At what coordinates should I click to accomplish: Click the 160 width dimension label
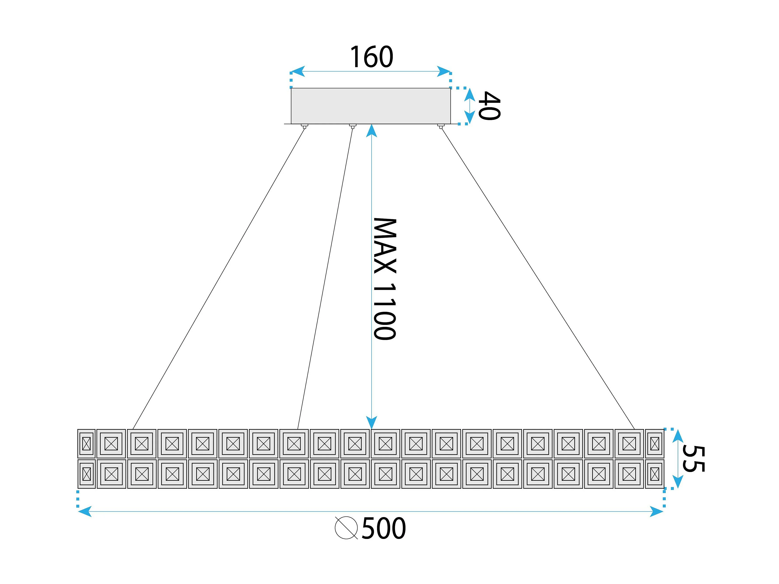click(x=371, y=57)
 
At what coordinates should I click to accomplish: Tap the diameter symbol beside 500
click(x=346, y=528)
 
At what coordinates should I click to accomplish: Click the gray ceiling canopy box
click(x=371, y=106)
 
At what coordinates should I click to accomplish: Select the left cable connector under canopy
click(x=305, y=126)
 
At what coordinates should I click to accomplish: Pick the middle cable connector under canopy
click(x=352, y=126)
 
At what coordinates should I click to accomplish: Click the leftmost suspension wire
click(x=218, y=278)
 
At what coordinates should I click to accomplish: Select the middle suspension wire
click(x=325, y=278)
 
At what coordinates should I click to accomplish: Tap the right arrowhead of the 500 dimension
click(x=657, y=511)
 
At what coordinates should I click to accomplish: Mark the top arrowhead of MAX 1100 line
click(x=371, y=131)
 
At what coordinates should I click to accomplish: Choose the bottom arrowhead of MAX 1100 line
click(x=371, y=422)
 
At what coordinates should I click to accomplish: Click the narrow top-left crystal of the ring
click(x=86, y=444)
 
